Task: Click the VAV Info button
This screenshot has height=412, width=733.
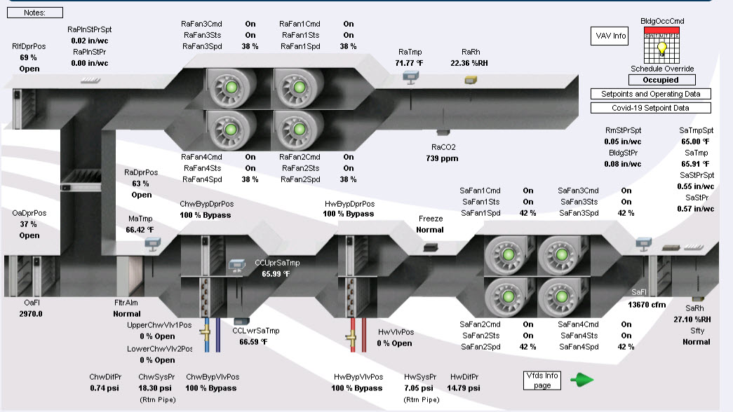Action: [610, 36]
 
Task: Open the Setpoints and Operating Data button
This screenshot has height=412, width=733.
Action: [650, 94]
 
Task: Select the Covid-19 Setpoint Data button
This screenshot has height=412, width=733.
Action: [650, 108]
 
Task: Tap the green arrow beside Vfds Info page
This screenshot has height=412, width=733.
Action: [581, 380]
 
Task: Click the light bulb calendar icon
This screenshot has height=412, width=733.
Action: [661, 46]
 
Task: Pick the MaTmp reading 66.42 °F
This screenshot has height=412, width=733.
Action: [140, 229]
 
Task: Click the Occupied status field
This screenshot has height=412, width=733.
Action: [661, 80]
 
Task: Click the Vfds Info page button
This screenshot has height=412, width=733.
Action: [542, 380]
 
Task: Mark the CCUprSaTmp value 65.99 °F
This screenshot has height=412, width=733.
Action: [276, 274]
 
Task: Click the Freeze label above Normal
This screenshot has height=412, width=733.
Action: [431, 219]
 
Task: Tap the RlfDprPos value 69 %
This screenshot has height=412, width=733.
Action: [29, 57]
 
